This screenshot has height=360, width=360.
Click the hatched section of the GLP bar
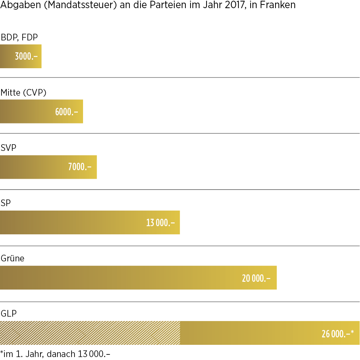pyautogui.click(x=90, y=333)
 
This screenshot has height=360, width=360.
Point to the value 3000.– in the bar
pyautogui.click(x=26, y=56)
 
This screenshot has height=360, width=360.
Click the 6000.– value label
pyautogui.click(x=67, y=112)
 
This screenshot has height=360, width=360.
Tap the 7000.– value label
pyautogui.click(x=80, y=167)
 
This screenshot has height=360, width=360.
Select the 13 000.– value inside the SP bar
pyautogui.click(x=160, y=222)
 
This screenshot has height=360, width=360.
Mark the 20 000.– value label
pyautogui.click(x=256, y=278)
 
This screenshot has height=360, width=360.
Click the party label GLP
pyautogui.click(x=9, y=314)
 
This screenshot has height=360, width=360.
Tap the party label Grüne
pyautogui.click(x=13, y=258)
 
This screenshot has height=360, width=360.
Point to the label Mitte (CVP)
pyautogui.click(x=23, y=92)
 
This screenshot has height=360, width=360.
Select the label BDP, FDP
pyautogui.click(x=19, y=37)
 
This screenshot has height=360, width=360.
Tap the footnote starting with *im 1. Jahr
pyautogui.click(x=55, y=354)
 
